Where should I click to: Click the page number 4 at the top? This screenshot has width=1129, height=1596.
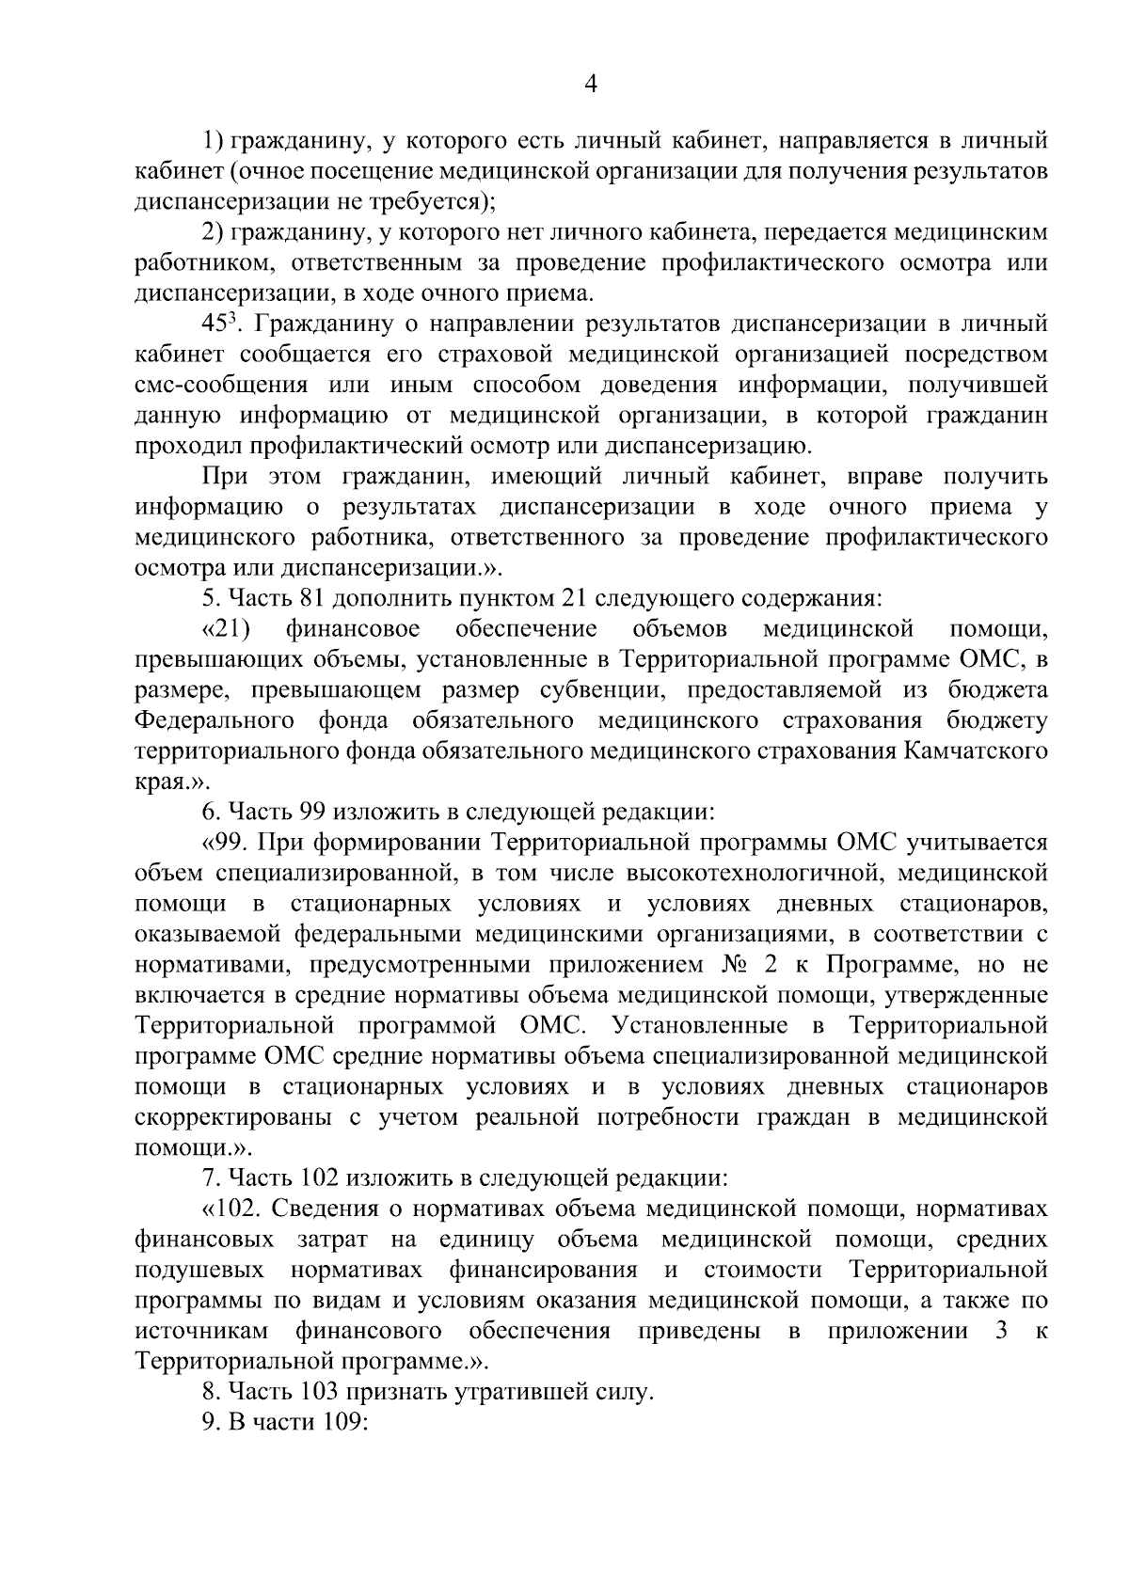[x=591, y=85]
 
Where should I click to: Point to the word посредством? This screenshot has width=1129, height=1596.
[x=984, y=355]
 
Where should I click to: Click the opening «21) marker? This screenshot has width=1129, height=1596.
[x=226, y=628]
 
